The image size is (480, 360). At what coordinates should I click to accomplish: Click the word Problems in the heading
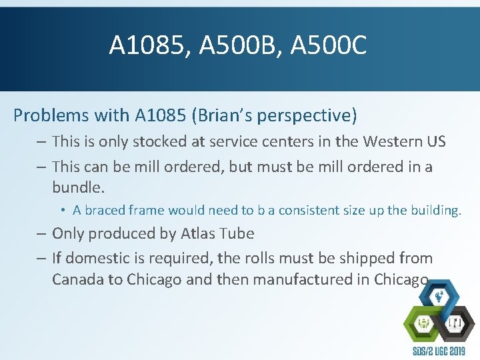pyautogui.click(x=51, y=115)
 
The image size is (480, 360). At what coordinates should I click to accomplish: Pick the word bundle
pyautogui.click(x=77, y=187)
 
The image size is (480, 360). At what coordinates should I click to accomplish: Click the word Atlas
pyautogui.click(x=202, y=233)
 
